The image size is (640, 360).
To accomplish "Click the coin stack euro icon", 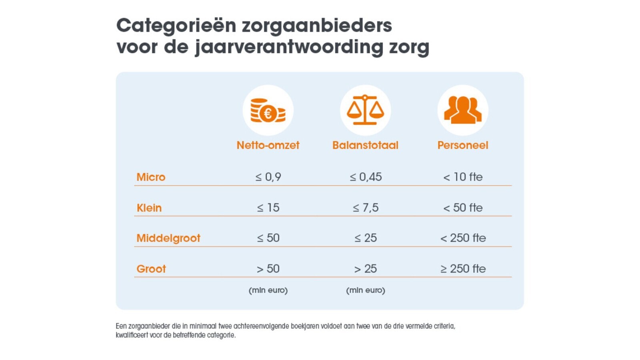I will pyautogui.click(x=268, y=110).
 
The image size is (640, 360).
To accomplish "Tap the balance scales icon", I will pyautogui.click(x=365, y=110).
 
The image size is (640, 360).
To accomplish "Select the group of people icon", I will pyautogui.click(x=463, y=110).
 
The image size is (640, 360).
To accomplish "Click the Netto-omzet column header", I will pyautogui.click(x=268, y=145).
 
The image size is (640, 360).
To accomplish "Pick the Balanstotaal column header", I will pyautogui.click(x=365, y=145).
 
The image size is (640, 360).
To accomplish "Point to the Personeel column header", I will pyautogui.click(x=463, y=145).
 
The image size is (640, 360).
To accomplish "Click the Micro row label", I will pyautogui.click(x=151, y=177).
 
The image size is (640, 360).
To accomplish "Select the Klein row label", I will pyautogui.click(x=149, y=208).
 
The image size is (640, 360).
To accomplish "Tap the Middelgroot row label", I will pyautogui.click(x=168, y=238).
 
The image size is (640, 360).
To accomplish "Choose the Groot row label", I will pyautogui.click(x=151, y=269).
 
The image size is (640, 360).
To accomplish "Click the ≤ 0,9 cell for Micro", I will pyautogui.click(x=268, y=177).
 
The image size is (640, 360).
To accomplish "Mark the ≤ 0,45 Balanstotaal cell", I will pyautogui.click(x=366, y=177).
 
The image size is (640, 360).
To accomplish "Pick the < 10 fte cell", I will pyautogui.click(x=463, y=177).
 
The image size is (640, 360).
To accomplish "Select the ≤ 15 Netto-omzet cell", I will pyautogui.click(x=268, y=208).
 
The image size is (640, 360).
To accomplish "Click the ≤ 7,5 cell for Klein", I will pyautogui.click(x=366, y=208).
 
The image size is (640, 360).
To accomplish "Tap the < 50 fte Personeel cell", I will pyautogui.click(x=463, y=208).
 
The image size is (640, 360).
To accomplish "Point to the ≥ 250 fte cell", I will pyautogui.click(x=463, y=269).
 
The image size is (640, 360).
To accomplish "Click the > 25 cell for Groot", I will pyautogui.click(x=366, y=269).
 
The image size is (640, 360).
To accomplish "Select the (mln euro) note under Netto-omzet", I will pyautogui.click(x=268, y=290).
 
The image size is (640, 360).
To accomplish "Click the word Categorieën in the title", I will pyautogui.click(x=176, y=26).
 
